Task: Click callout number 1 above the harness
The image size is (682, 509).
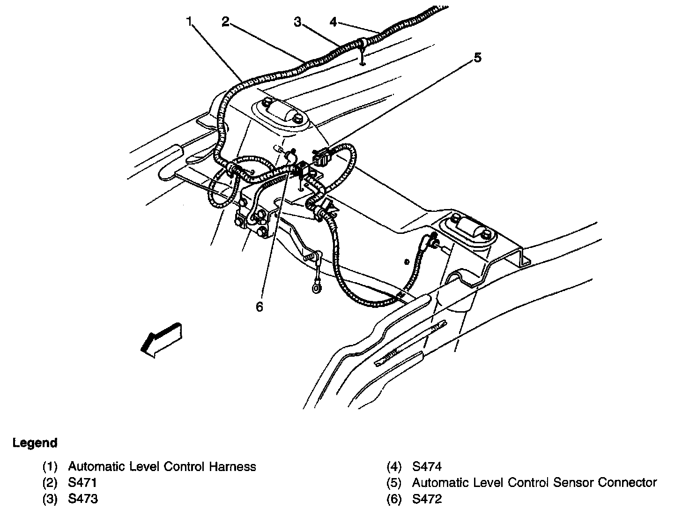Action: [189, 22]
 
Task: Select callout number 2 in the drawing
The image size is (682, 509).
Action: [225, 22]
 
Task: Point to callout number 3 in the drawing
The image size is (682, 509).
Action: [297, 22]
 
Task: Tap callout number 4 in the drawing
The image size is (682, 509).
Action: [333, 22]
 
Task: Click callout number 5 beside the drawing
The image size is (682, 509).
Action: [477, 58]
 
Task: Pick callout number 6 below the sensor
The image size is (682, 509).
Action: [259, 307]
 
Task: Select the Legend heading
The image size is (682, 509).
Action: [35, 443]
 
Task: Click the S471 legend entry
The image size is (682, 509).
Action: [82, 483]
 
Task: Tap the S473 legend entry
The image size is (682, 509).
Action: [83, 499]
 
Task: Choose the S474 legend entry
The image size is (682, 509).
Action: [427, 467]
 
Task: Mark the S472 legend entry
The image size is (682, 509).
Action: [427, 499]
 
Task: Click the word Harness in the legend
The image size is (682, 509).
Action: [232, 467]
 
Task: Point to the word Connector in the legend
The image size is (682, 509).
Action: [628, 483]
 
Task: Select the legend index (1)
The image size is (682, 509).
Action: [50, 467]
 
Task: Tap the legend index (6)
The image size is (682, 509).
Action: [394, 499]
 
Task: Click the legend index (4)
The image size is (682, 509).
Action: [394, 467]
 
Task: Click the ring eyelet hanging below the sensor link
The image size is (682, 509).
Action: [317, 286]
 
